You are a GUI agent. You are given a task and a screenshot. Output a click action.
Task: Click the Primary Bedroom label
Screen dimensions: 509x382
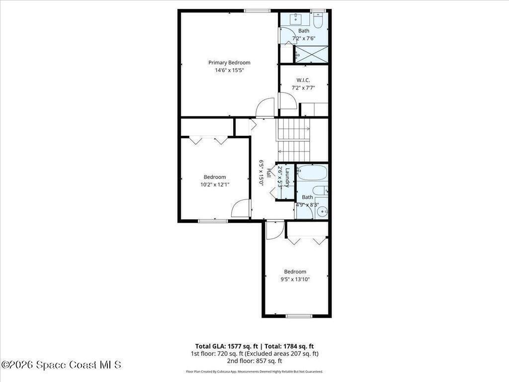coord(229,63)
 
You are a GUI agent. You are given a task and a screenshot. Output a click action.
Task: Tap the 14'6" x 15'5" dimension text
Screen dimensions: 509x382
coord(229,70)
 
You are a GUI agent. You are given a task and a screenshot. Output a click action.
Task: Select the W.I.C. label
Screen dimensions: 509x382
coord(303,80)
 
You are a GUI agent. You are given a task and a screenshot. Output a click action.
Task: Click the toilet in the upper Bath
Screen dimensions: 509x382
coord(318,20)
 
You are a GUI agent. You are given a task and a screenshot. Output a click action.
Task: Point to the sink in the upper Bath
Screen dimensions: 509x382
coord(296,19)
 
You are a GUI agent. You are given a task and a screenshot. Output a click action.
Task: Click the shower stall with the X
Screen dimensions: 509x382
coord(311,54)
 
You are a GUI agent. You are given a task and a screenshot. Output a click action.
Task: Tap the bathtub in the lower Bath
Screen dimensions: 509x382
coord(313,173)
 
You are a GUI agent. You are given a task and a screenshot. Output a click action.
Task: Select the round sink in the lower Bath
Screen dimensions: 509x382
coord(322,212)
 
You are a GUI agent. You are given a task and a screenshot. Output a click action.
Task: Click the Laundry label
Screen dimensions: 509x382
coord(287,178)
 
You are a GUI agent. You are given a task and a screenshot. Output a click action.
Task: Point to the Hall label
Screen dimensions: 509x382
coord(269,173)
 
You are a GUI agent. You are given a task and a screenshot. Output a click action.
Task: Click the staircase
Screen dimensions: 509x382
coord(293,140)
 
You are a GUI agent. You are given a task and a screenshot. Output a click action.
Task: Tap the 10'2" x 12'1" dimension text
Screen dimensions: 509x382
coord(215,185)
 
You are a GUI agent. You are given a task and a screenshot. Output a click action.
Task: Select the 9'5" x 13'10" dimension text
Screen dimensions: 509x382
coord(295,279)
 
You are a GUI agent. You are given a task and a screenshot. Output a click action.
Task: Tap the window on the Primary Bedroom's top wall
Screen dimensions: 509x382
coord(257,11)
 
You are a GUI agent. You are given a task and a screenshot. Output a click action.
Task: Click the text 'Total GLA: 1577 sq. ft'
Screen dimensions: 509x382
coord(227,346)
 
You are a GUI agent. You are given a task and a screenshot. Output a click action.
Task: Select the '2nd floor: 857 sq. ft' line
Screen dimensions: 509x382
coord(254,361)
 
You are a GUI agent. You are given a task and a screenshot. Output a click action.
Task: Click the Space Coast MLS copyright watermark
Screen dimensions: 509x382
coord(61,365)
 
